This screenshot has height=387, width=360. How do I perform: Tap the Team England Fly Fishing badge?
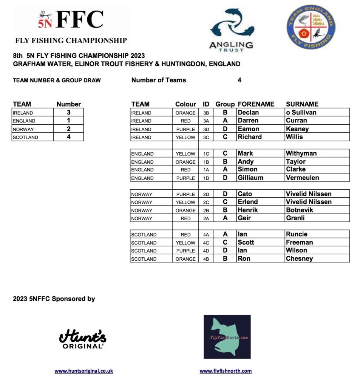click(311, 27)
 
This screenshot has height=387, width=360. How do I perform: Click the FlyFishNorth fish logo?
click(227, 337)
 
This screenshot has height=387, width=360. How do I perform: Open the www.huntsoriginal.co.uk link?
click(83, 371)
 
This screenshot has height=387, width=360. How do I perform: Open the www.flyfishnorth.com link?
click(226, 371)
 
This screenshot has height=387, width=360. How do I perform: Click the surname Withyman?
click(301, 153)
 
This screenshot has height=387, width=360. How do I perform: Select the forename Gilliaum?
click(250, 178)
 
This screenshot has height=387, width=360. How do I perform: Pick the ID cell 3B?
click(206, 113)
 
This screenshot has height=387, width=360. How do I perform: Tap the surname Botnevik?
click(300, 210)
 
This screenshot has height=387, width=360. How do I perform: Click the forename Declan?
click(248, 113)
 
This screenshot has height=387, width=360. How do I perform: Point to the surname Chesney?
click(299, 259)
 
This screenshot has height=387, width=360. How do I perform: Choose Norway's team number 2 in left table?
click(69, 129)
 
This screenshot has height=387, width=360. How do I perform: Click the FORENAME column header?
click(256, 104)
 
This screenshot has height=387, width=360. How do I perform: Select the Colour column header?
click(185, 104)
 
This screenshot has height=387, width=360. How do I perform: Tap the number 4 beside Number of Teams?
click(239, 80)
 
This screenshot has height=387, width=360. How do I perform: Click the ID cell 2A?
click(206, 218)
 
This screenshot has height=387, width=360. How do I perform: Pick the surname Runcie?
click(297, 234)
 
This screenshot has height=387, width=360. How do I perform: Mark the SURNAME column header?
click(302, 104)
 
